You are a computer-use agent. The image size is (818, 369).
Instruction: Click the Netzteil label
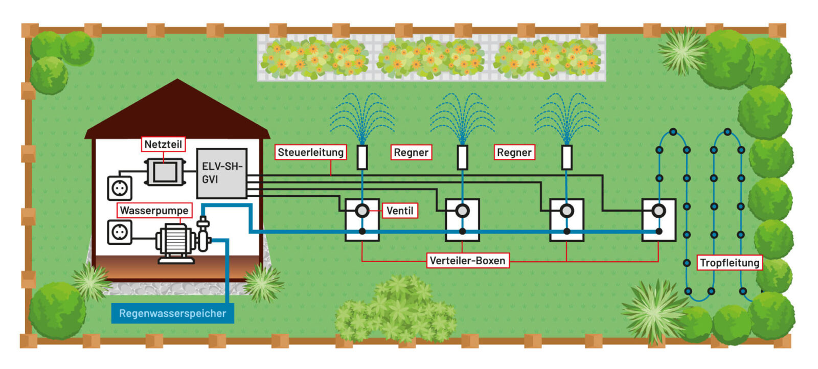(x=163, y=144)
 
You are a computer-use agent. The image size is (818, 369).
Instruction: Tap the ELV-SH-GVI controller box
(x=221, y=173)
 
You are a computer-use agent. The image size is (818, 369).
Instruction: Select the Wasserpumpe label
(x=154, y=210)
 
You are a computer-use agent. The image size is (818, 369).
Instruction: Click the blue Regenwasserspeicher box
(x=172, y=313)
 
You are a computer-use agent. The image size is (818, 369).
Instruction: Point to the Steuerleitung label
(x=310, y=152)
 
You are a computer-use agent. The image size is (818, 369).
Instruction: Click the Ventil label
(x=400, y=211)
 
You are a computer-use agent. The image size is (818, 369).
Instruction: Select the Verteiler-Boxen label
(x=467, y=261)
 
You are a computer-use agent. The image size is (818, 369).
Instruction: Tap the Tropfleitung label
(x=729, y=263)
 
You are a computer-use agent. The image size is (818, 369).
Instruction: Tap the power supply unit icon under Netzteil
(x=164, y=172)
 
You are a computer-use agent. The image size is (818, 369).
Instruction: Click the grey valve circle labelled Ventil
(x=362, y=210)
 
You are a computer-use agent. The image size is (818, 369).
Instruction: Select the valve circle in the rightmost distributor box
(x=659, y=210)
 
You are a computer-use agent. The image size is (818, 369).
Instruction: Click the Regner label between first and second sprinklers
(x=411, y=152)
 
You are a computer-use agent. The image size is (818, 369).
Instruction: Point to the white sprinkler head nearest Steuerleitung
(x=362, y=157)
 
